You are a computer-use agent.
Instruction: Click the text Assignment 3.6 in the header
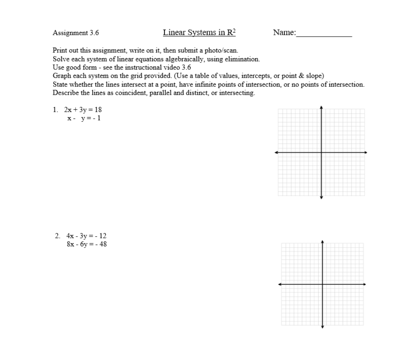click(76, 33)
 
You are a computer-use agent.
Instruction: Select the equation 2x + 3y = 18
click(83, 110)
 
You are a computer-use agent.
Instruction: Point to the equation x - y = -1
click(84, 118)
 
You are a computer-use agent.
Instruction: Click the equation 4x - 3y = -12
click(86, 236)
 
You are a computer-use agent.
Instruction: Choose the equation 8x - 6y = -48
click(86, 244)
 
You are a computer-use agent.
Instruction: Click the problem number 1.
click(55, 110)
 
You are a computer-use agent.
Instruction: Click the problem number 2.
click(57, 236)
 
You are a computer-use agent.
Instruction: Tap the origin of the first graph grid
click(321, 152)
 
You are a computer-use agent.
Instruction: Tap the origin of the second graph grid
click(322, 284)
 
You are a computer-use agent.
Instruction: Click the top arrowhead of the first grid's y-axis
click(321, 107)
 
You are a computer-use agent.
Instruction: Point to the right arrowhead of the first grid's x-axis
click(366, 152)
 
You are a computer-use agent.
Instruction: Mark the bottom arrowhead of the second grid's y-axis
click(322, 327)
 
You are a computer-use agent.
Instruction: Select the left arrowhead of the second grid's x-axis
click(280, 284)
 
